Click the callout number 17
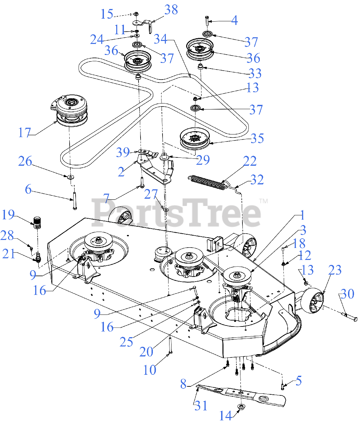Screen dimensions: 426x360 [24, 132]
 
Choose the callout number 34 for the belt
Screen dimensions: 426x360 [161, 39]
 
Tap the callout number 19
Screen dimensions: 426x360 [8, 215]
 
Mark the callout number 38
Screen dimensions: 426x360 [171, 10]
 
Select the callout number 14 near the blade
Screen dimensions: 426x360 [225, 415]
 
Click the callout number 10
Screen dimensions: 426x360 [150, 369]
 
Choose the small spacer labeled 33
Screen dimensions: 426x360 [201, 67]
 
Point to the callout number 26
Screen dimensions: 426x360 [25, 162]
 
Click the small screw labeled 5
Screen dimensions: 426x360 [282, 386]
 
